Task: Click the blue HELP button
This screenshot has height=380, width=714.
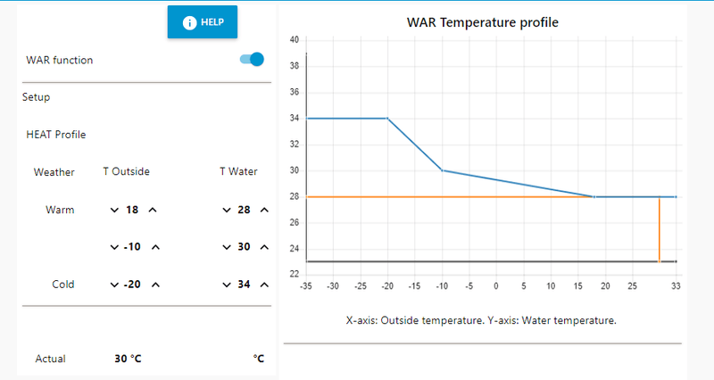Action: point(203,22)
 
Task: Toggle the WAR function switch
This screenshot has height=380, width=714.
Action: point(252,60)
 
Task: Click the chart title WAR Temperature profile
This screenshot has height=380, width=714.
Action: point(482,22)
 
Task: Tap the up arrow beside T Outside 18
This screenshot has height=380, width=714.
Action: point(153,211)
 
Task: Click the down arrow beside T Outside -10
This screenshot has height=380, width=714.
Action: point(113,247)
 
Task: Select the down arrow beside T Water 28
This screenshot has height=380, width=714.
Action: point(226,211)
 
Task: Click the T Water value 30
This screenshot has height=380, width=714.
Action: point(245,247)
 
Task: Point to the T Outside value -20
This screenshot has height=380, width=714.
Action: point(132,285)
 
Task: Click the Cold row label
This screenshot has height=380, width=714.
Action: point(62,285)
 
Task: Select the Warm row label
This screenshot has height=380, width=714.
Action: point(60,211)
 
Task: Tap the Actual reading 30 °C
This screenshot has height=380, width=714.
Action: point(128,359)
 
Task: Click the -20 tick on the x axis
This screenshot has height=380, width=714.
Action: point(387,286)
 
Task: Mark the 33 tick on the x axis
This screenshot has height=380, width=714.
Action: point(676,286)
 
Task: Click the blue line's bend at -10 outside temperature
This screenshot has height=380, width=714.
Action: point(442,170)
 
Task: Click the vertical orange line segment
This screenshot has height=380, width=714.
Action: point(659,229)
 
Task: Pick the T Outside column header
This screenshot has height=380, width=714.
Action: point(126,171)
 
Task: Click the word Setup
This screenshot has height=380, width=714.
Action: point(37,97)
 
